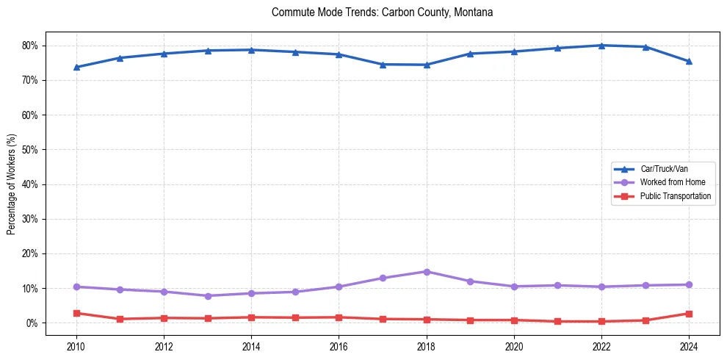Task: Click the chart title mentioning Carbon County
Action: [382, 12]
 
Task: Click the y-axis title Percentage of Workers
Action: [11, 184]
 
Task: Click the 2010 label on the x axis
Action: [76, 345]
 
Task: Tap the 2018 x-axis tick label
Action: [426, 345]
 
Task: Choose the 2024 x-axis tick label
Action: [689, 345]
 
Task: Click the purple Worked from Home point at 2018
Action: [426, 272]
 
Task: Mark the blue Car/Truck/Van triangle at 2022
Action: [601, 46]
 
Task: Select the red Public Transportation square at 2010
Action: [76, 314]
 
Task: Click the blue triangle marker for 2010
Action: [76, 67]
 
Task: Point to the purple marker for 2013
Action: [207, 296]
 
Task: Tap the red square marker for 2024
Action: [689, 314]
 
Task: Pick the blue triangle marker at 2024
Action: [689, 61]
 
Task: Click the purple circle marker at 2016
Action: [339, 287]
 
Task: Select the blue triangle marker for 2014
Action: [251, 50]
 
